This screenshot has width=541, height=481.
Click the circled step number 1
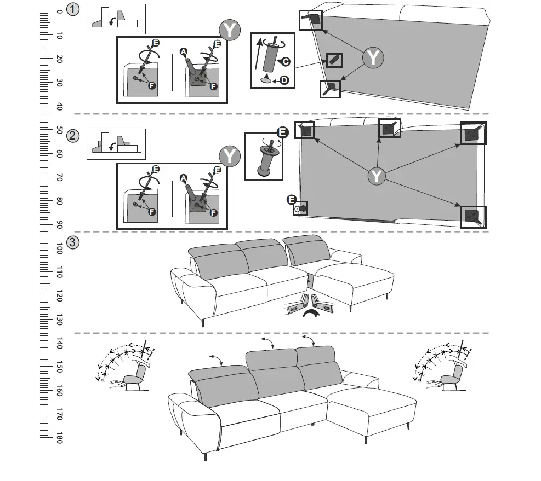click(x=72, y=9)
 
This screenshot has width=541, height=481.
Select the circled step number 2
click(x=72, y=136)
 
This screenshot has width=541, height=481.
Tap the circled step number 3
click(x=72, y=241)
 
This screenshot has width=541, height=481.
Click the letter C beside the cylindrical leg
click(x=286, y=61)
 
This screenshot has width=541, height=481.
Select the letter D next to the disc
click(x=284, y=80)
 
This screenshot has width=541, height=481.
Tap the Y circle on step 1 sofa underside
click(x=373, y=57)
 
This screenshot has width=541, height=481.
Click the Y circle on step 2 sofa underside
click(x=377, y=176)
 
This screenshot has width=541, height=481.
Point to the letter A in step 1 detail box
click(x=184, y=52)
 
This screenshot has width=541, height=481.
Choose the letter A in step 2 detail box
click(x=183, y=177)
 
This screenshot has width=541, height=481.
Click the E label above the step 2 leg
click(x=282, y=132)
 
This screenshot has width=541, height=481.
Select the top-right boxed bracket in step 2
click(x=472, y=133)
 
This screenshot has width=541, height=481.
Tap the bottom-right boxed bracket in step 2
click(x=473, y=217)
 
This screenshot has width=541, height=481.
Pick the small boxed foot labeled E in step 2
click(x=300, y=208)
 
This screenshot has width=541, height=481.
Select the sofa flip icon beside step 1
click(x=116, y=19)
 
